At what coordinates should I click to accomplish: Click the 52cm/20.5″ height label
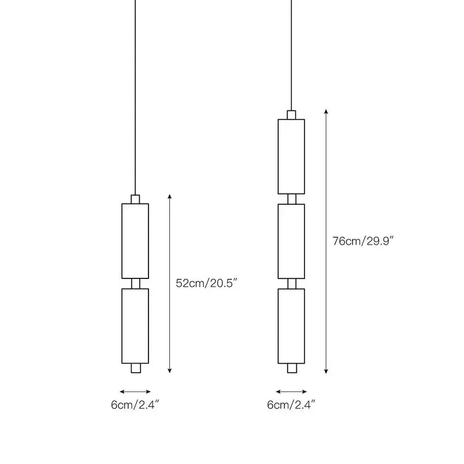tap(206, 283)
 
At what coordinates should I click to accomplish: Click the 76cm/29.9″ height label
tap(363, 241)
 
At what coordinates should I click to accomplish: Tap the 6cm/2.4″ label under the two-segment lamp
tap(135, 404)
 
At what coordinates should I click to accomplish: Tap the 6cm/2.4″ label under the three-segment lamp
tap(291, 404)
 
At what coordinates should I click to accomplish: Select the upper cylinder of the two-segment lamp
tap(135, 241)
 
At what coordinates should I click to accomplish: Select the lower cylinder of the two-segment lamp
tap(135, 326)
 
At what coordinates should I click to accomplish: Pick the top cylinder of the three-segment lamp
tap(292, 157)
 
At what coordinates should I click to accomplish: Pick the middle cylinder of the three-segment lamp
tap(292, 241)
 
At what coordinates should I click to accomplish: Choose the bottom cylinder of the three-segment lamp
tap(292, 326)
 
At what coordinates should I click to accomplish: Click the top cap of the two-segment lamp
tap(135, 199)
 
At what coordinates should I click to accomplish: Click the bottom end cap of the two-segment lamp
tap(136, 368)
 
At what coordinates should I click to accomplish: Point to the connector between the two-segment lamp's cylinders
tap(136, 284)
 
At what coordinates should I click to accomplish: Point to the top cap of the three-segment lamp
tap(292, 115)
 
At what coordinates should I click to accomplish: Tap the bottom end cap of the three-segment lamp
tap(292, 368)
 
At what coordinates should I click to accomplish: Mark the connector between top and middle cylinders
tap(292, 199)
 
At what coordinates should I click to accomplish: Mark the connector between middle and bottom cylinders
tap(292, 284)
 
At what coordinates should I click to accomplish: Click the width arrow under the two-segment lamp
tap(135, 392)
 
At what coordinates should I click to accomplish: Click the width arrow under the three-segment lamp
tap(292, 392)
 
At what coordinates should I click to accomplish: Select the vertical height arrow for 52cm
tap(169, 284)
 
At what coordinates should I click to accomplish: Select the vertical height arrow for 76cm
tap(326, 241)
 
